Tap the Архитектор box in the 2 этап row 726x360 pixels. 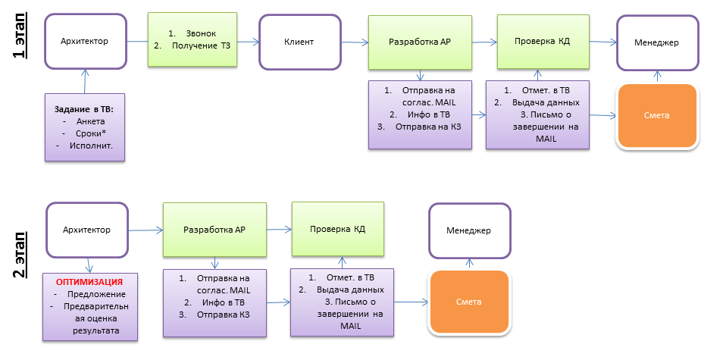86,230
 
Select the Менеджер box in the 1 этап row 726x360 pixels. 656,41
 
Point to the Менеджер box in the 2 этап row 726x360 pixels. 468,230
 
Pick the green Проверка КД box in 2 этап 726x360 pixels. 338,227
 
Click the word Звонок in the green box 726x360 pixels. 202,34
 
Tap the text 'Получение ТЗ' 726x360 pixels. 201,46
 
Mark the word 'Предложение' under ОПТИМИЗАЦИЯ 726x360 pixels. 95,294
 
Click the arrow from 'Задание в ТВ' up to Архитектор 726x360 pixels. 86,81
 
